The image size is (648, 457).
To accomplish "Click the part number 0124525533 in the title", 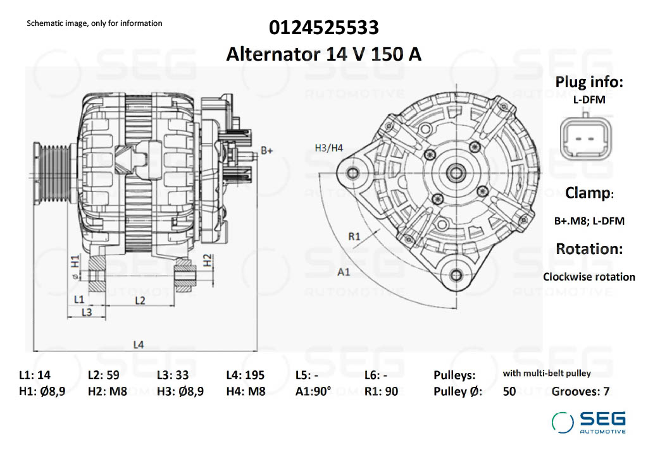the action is click(x=324, y=28).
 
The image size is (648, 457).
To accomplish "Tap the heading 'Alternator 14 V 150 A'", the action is click(x=324, y=54).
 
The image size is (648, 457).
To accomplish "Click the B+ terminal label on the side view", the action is click(x=267, y=151).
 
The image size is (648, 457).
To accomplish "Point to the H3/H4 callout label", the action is click(x=328, y=149).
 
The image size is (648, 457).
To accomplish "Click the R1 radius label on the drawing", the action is click(x=355, y=237).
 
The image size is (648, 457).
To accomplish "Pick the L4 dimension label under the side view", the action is click(x=139, y=344).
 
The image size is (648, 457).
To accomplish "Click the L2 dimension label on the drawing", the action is click(x=140, y=300).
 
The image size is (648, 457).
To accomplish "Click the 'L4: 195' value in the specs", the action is click(x=246, y=375).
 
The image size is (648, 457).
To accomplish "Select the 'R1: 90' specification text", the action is click(x=382, y=391).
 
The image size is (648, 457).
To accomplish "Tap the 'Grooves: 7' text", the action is click(x=580, y=391).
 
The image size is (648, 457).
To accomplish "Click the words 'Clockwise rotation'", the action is click(x=589, y=277).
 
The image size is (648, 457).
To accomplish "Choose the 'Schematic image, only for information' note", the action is click(x=94, y=23).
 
